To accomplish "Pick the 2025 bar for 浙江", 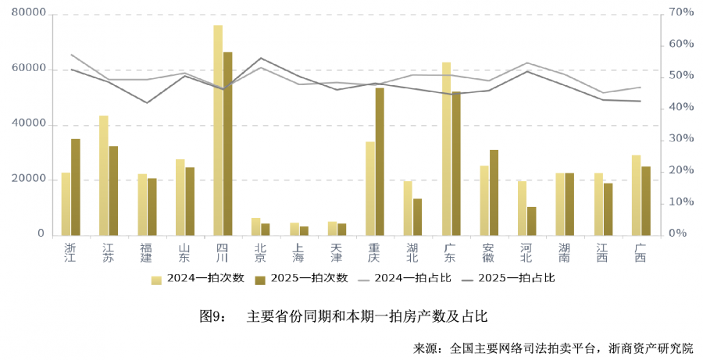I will (x=76, y=187).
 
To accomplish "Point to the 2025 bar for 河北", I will (x=532, y=220).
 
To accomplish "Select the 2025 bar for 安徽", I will (x=494, y=192).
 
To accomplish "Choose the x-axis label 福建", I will (x=146, y=252).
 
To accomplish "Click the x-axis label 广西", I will (x=641, y=252).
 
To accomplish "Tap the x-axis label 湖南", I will (x=564, y=252).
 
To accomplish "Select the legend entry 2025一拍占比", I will (x=506, y=278).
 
